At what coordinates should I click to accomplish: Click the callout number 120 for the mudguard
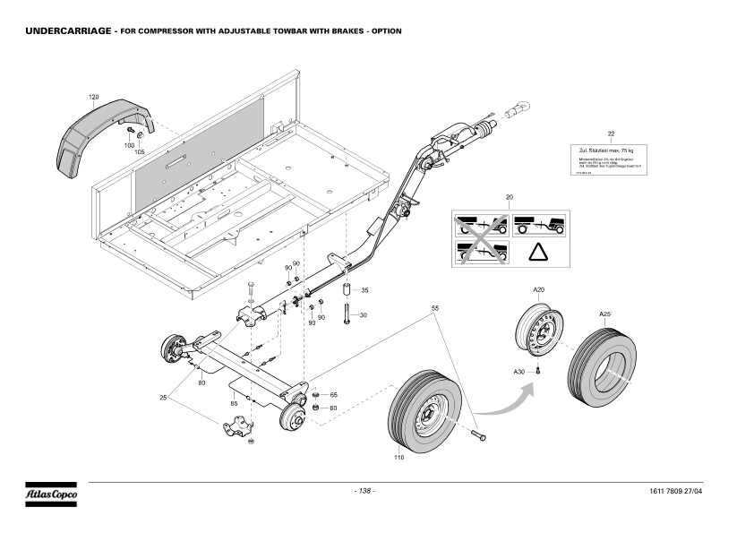[94, 97]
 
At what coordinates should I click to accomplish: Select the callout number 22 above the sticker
[611, 133]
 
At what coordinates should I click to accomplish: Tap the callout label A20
[538, 290]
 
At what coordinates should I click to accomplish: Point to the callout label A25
[604, 314]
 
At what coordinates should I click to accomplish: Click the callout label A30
[518, 371]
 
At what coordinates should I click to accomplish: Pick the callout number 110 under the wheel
[398, 457]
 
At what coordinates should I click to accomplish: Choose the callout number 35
[364, 291]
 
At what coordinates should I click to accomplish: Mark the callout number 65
[333, 395]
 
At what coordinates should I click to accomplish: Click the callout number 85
[234, 403]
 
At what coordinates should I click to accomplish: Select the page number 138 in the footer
[364, 492]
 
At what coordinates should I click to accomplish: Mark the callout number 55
[435, 308]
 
